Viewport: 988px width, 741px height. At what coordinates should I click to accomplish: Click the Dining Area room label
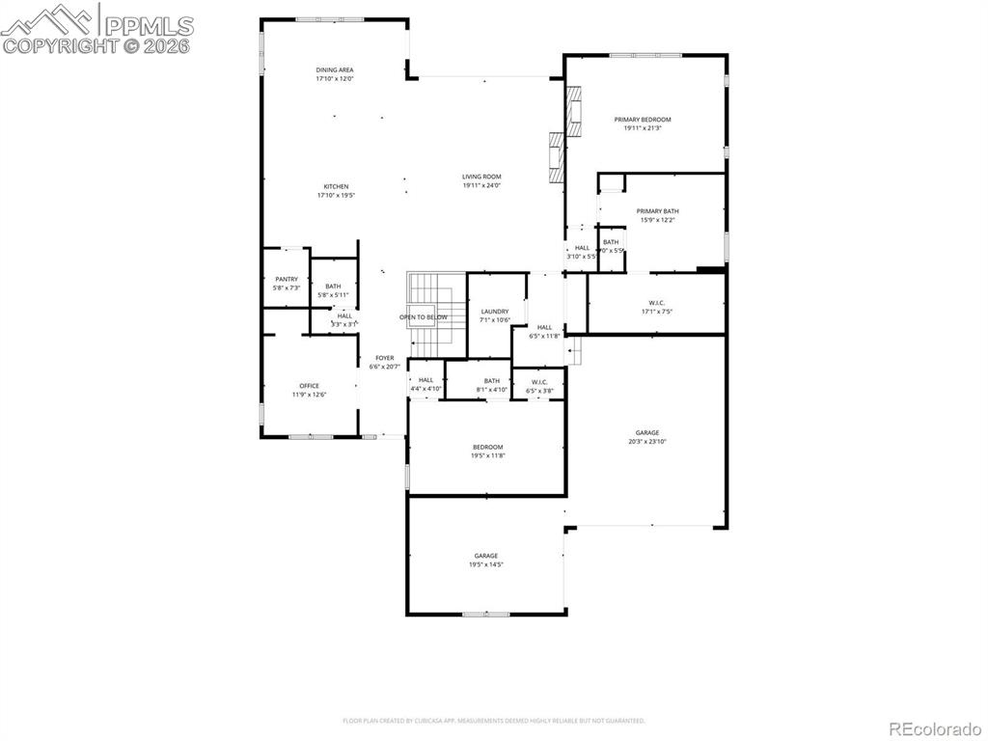(335, 74)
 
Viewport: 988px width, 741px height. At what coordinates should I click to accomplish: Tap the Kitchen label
(336, 190)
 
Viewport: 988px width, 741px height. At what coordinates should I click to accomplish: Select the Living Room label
(481, 180)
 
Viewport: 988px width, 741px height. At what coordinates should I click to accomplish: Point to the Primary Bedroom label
(643, 123)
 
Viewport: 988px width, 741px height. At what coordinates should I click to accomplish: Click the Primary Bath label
(657, 215)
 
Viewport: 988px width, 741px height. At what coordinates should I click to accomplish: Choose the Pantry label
(287, 283)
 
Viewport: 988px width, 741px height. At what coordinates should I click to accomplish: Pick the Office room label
(309, 390)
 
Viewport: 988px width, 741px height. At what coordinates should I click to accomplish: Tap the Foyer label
(384, 362)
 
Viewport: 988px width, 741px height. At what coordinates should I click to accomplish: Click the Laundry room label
(494, 316)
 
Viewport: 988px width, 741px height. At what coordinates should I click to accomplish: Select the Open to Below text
(424, 317)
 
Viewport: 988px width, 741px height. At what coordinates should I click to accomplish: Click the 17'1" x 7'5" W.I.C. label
(656, 307)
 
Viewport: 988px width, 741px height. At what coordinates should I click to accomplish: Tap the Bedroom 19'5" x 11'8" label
(487, 451)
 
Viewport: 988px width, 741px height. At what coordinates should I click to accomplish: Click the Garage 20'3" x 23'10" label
(646, 436)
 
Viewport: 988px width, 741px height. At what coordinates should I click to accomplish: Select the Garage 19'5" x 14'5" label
(485, 560)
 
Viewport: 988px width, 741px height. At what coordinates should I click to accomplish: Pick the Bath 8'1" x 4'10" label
(492, 385)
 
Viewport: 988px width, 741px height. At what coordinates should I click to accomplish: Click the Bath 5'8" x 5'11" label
(333, 289)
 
